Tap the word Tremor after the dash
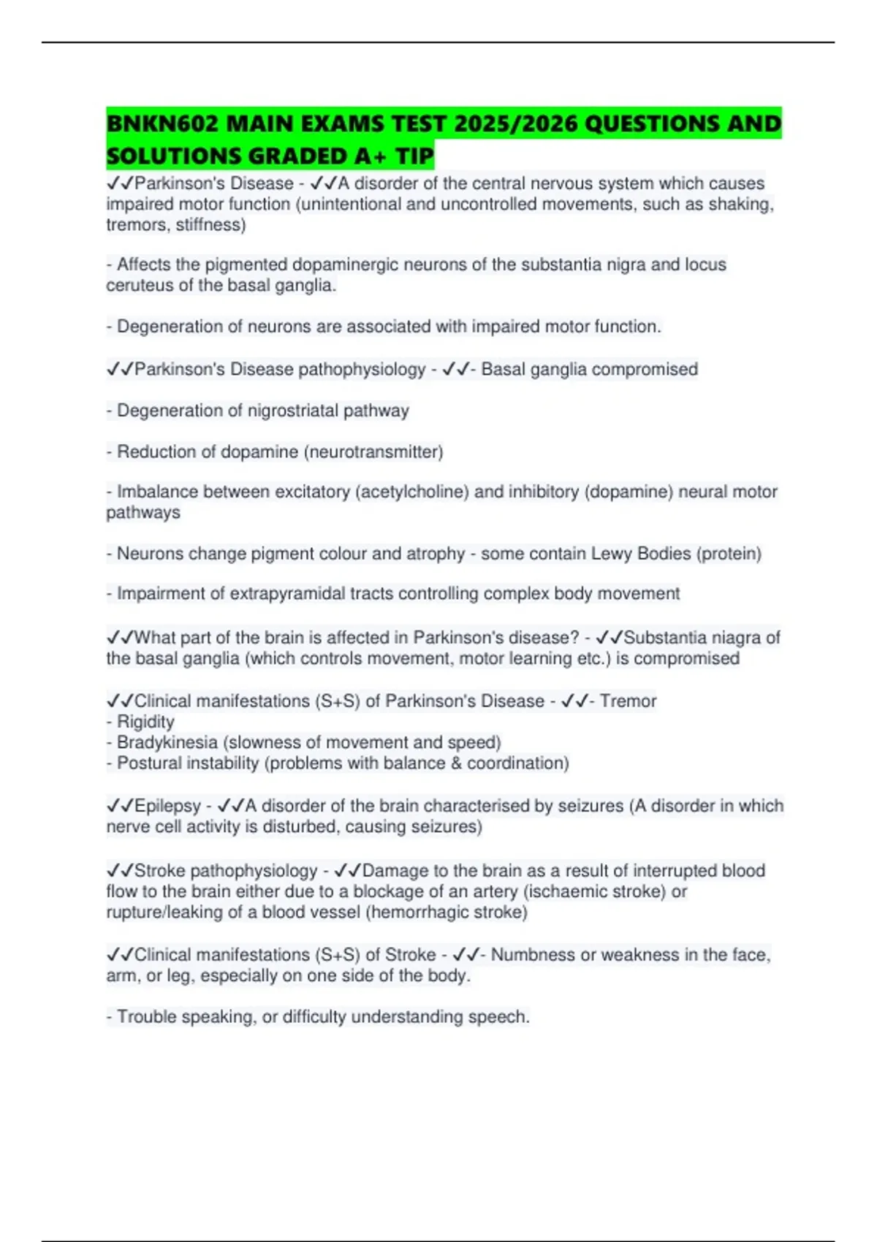coord(628,701)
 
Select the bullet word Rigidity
coord(145,722)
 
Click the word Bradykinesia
coord(167,742)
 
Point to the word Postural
coord(147,763)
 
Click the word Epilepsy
coord(167,806)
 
